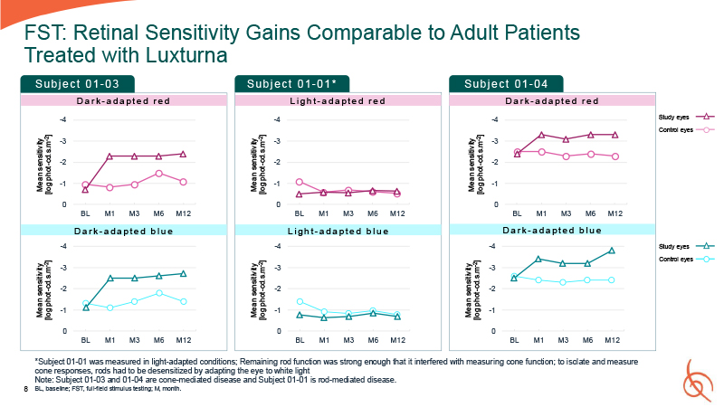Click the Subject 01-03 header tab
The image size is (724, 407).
coord(83,84)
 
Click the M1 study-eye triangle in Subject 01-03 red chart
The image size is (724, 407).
coord(110,156)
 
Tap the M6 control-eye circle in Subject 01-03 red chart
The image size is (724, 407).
coord(158,173)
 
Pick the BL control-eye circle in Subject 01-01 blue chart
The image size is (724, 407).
coord(300,301)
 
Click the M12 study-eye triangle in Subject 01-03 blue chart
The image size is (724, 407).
coord(183,273)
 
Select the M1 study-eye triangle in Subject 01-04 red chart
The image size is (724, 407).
coord(541,135)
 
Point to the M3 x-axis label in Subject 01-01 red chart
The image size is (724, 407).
coord(348,213)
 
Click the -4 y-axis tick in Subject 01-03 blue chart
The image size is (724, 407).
coord(62,246)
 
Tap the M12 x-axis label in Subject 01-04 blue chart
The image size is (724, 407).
coord(614,340)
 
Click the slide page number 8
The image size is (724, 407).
coord(24,387)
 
